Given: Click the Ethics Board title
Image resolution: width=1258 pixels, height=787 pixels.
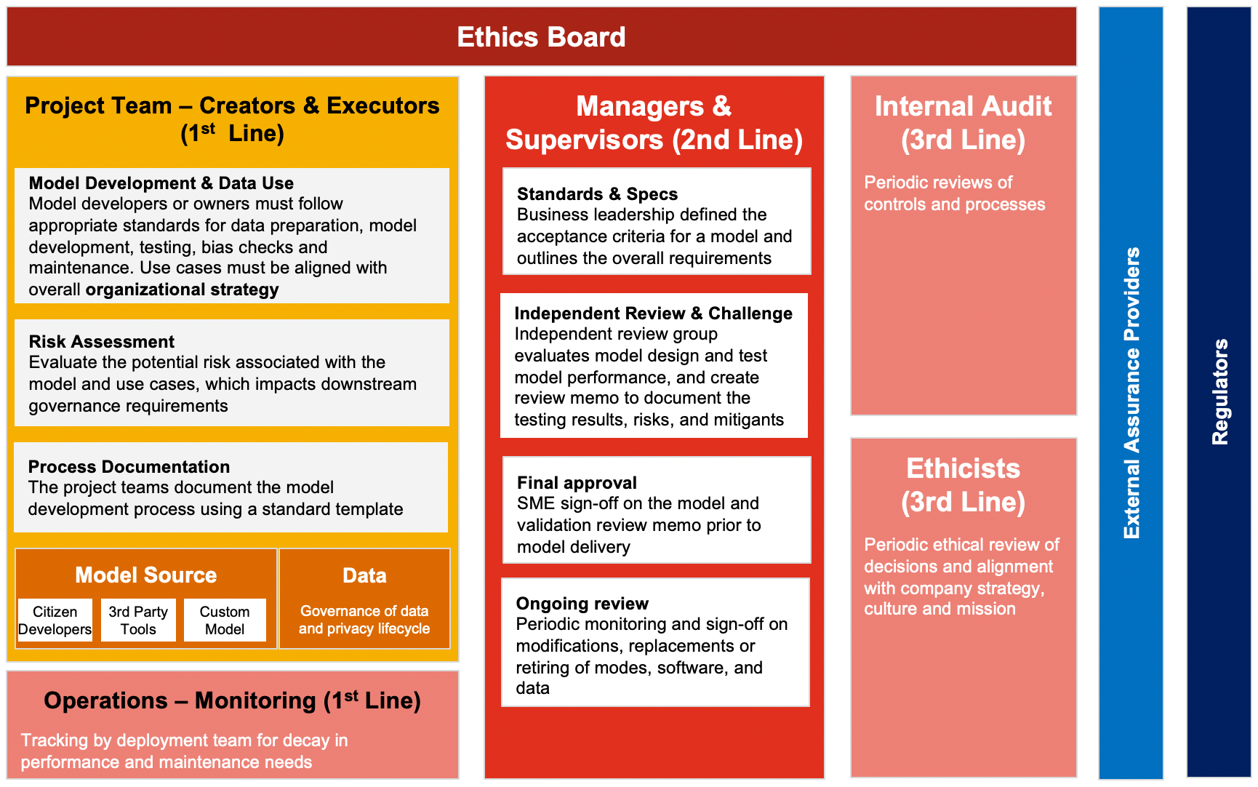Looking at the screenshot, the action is point(541,37).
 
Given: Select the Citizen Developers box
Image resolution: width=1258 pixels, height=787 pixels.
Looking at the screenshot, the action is point(55,620).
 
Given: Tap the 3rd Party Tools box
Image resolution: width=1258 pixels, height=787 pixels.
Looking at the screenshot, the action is point(138,620).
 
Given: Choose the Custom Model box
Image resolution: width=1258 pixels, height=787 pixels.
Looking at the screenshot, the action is point(225,620).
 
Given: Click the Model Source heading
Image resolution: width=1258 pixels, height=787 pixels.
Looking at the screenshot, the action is point(146,575).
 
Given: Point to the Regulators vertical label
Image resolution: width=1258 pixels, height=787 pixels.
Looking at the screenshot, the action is point(1219,392).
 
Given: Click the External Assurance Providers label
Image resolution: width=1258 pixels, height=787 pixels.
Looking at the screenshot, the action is point(1131,393).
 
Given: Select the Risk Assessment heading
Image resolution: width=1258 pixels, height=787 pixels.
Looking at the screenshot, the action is point(102,342).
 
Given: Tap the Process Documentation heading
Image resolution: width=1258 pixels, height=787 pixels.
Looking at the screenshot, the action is point(129,467).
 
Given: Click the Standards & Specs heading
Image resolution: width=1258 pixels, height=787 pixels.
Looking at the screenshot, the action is point(597,194).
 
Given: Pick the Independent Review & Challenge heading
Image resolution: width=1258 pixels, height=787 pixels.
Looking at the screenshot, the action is point(653,313).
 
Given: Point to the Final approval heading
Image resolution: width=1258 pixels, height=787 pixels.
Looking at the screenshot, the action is point(577,483).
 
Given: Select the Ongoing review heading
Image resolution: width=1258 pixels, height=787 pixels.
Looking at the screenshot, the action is point(582,604).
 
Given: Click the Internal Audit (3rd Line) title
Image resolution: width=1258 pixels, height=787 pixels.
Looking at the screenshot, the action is point(963,123).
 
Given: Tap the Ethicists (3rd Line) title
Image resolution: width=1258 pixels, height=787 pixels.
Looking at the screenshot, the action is point(963,485).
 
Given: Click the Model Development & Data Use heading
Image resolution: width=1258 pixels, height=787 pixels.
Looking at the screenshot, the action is point(161,183).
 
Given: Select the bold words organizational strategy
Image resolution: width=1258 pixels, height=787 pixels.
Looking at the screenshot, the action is point(182,289).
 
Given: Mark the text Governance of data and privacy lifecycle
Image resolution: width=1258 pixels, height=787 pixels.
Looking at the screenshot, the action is point(364,620).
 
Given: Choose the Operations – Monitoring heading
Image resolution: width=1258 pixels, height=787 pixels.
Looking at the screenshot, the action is point(232,700).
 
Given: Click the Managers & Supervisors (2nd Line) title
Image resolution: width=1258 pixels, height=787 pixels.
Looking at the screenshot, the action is point(654,123).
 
